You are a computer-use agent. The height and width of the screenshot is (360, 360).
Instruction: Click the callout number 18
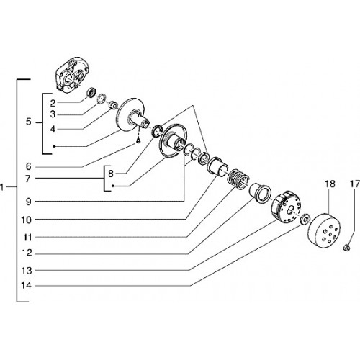(330, 184)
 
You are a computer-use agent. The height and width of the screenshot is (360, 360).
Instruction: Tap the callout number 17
(355, 184)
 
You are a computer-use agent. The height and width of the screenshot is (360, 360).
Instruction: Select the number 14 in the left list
(27, 286)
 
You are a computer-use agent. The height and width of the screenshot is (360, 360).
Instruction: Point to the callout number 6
(28, 166)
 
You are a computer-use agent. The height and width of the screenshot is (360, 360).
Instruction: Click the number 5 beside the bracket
(29, 122)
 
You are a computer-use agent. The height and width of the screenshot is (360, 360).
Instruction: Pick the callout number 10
(27, 220)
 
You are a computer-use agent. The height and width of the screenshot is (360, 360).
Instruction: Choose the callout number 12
(27, 253)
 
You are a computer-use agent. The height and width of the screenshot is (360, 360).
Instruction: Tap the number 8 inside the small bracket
(111, 174)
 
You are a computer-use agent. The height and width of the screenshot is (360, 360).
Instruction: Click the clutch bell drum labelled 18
(324, 230)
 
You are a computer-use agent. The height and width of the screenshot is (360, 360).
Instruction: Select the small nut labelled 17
(346, 247)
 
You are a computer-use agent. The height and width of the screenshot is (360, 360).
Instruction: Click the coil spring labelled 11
(238, 178)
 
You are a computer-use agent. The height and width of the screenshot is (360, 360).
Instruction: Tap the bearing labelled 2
(91, 92)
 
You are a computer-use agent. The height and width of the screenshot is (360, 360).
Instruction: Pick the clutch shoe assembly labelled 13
(286, 207)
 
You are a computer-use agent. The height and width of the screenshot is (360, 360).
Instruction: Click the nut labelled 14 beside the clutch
(305, 219)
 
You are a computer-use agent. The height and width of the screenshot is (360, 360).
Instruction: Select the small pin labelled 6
(138, 141)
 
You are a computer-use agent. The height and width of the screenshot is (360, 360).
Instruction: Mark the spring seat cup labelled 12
(261, 193)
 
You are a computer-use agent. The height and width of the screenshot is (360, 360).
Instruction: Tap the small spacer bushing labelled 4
(113, 105)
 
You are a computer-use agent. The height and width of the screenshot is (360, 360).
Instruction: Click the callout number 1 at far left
(2, 186)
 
